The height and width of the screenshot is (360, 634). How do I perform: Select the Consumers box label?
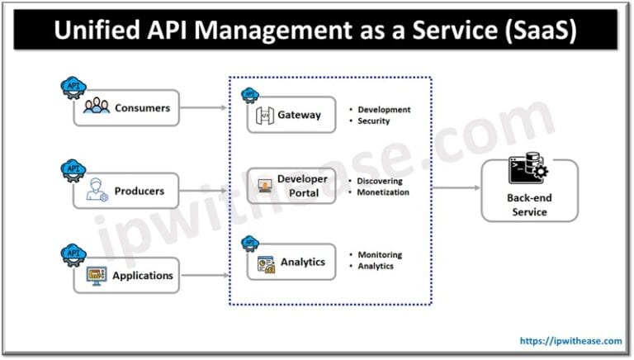click(x=142, y=107)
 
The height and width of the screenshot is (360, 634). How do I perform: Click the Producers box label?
click(x=140, y=191)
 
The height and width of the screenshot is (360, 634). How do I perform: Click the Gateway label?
click(x=300, y=115)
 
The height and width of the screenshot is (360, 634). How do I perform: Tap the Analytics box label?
click(x=303, y=262)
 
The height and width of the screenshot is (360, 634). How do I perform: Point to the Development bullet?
click(x=384, y=110)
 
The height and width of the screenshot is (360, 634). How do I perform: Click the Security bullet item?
click(x=373, y=121)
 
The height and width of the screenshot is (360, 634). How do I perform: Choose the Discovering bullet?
click(x=381, y=180)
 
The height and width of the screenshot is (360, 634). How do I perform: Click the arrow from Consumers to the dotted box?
click(x=204, y=107)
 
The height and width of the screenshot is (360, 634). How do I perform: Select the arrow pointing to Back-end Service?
click(x=455, y=188)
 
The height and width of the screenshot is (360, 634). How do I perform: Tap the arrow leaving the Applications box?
click(x=204, y=275)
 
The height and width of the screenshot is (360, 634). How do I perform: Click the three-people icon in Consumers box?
click(x=97, y=107)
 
